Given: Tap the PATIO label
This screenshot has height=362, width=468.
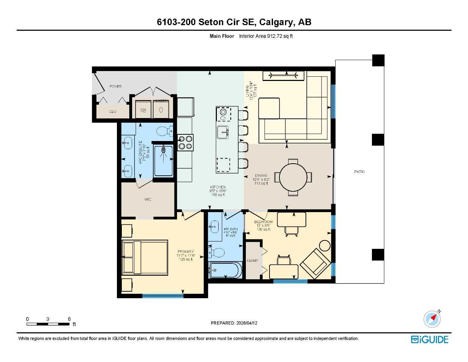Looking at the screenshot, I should pyautogui.click(x=359, y=172).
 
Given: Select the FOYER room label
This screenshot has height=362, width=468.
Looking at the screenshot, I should pyautogui.click(x=115, y=87).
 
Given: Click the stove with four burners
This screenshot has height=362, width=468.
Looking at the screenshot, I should pyautogui.click(x=185, y=142).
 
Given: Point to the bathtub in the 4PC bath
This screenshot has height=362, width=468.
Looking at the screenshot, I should pyautogui.click(x=226, y=270).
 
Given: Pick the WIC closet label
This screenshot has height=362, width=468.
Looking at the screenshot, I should pyautogui.click(x=148, y=199).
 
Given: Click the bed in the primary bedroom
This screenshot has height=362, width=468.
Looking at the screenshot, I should pyautogui.click(x=145, y=258).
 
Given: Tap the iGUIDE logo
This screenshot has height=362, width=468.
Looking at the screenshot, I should pyautogui.click(x=430, y=339).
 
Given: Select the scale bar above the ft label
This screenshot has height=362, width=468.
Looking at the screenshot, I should pyautogui.click(x=48, y=324).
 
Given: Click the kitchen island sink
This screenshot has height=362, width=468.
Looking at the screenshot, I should pyautogui.click(x=223, y=132).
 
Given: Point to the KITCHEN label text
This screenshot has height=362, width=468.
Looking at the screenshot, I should pyautogui.click(x=218, y=187).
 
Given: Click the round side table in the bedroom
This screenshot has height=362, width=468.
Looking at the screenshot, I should pyautogui.click(x=325, y=245).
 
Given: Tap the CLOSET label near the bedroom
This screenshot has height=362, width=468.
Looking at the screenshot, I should pyautogui.click(x=253, y=261).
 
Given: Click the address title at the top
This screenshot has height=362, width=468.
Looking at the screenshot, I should pyautogui.click(x=234, y=22).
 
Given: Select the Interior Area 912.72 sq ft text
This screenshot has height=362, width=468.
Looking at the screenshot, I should pyautogui.click(x=266, y=36).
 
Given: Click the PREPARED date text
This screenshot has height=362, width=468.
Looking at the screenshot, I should pyautogui.click(x=234, y=323).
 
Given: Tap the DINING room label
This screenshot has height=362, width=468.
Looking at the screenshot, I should pyautogui.click(x=261, y=175).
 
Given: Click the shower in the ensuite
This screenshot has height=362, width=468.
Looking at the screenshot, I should pyautogui.click(x=164, y=160).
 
